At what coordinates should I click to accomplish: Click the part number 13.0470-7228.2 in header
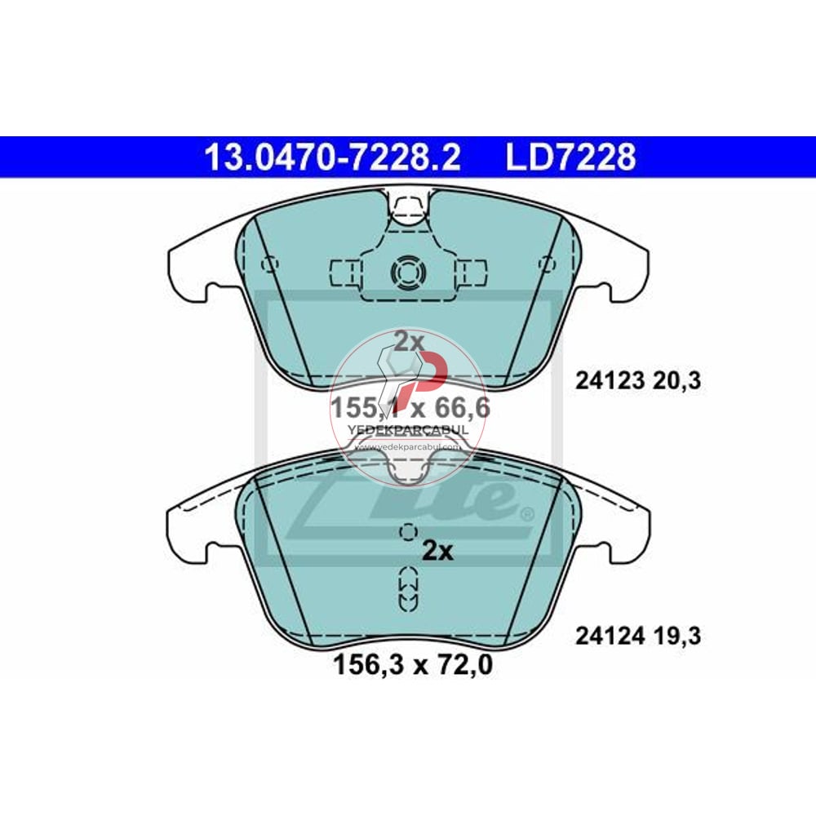tap(332, 157)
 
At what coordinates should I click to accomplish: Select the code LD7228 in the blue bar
tap(570, 157)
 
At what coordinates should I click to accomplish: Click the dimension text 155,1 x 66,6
tap(410, 406)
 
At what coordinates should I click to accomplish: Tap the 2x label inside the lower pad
tap(437, 552)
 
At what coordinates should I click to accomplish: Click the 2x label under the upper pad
tap(410, 342)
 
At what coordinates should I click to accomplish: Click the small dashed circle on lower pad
tap(406, 532)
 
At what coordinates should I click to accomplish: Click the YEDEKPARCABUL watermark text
tap(408, 430)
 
